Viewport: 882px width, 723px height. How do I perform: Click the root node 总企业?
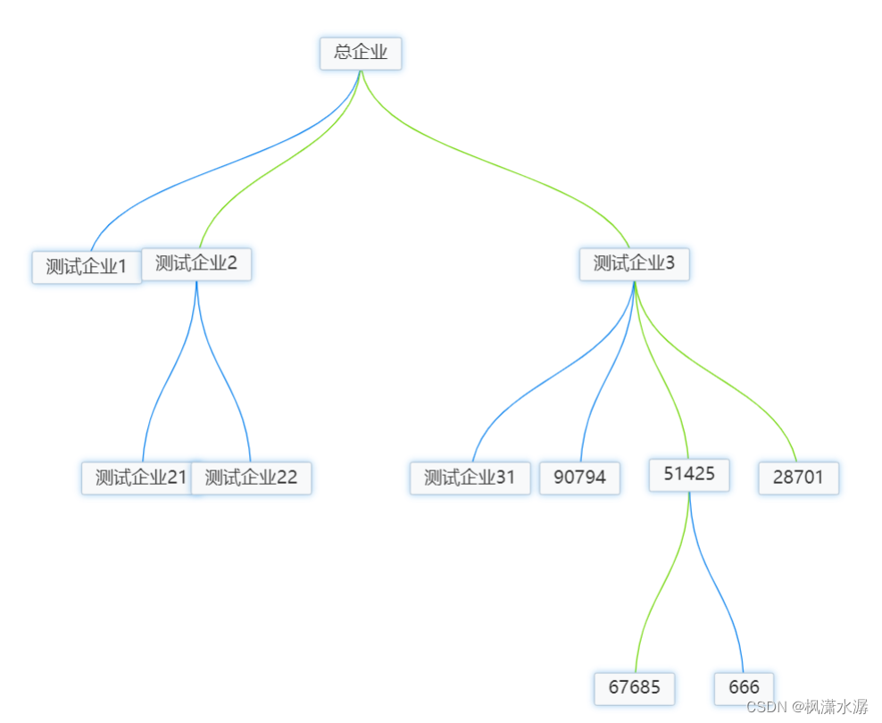coord(361,53)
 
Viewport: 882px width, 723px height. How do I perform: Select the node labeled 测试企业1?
coord(86,267)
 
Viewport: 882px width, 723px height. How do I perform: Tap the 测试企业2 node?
coord(196,263)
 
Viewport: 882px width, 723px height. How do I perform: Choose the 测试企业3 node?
coord(634,264)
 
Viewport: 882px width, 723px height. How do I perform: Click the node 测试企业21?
coord(138,478)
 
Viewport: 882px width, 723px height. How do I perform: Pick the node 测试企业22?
coord(252,478)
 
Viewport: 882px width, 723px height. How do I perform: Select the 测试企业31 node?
coord(470,478)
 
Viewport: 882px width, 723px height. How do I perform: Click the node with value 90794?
coord(579,478)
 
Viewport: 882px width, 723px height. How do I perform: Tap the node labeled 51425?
coord(689,474)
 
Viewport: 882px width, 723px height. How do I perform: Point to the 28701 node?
coord(798,478)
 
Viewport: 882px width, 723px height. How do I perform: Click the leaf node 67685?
coord(635,688)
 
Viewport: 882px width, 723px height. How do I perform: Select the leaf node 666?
coord(744,688)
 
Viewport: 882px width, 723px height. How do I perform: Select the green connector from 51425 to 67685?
coord(661,589)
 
